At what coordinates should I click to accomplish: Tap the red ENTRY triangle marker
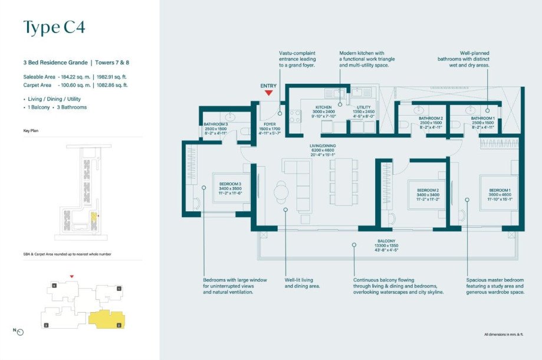pyautogui.click(x=268, y=93)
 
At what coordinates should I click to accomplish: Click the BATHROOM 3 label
pyautogui.click(x=216, y=124)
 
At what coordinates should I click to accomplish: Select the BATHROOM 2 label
pyautogui.click(x=431, y=118)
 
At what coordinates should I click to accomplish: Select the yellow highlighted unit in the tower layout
pyautogui.click(x=107, y=319)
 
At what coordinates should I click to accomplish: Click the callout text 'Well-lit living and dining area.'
pyautogui.click(x=302, y=283)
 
